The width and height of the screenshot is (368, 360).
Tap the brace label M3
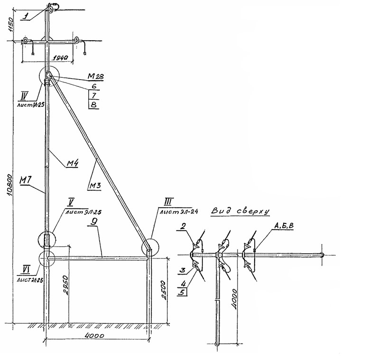click(95, 185)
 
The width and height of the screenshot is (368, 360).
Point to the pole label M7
click(26, 180)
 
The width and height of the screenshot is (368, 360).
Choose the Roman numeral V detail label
click(70, 202)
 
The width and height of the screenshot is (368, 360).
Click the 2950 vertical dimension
click(66, 285)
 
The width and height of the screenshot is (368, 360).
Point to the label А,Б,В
click(283, 228)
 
